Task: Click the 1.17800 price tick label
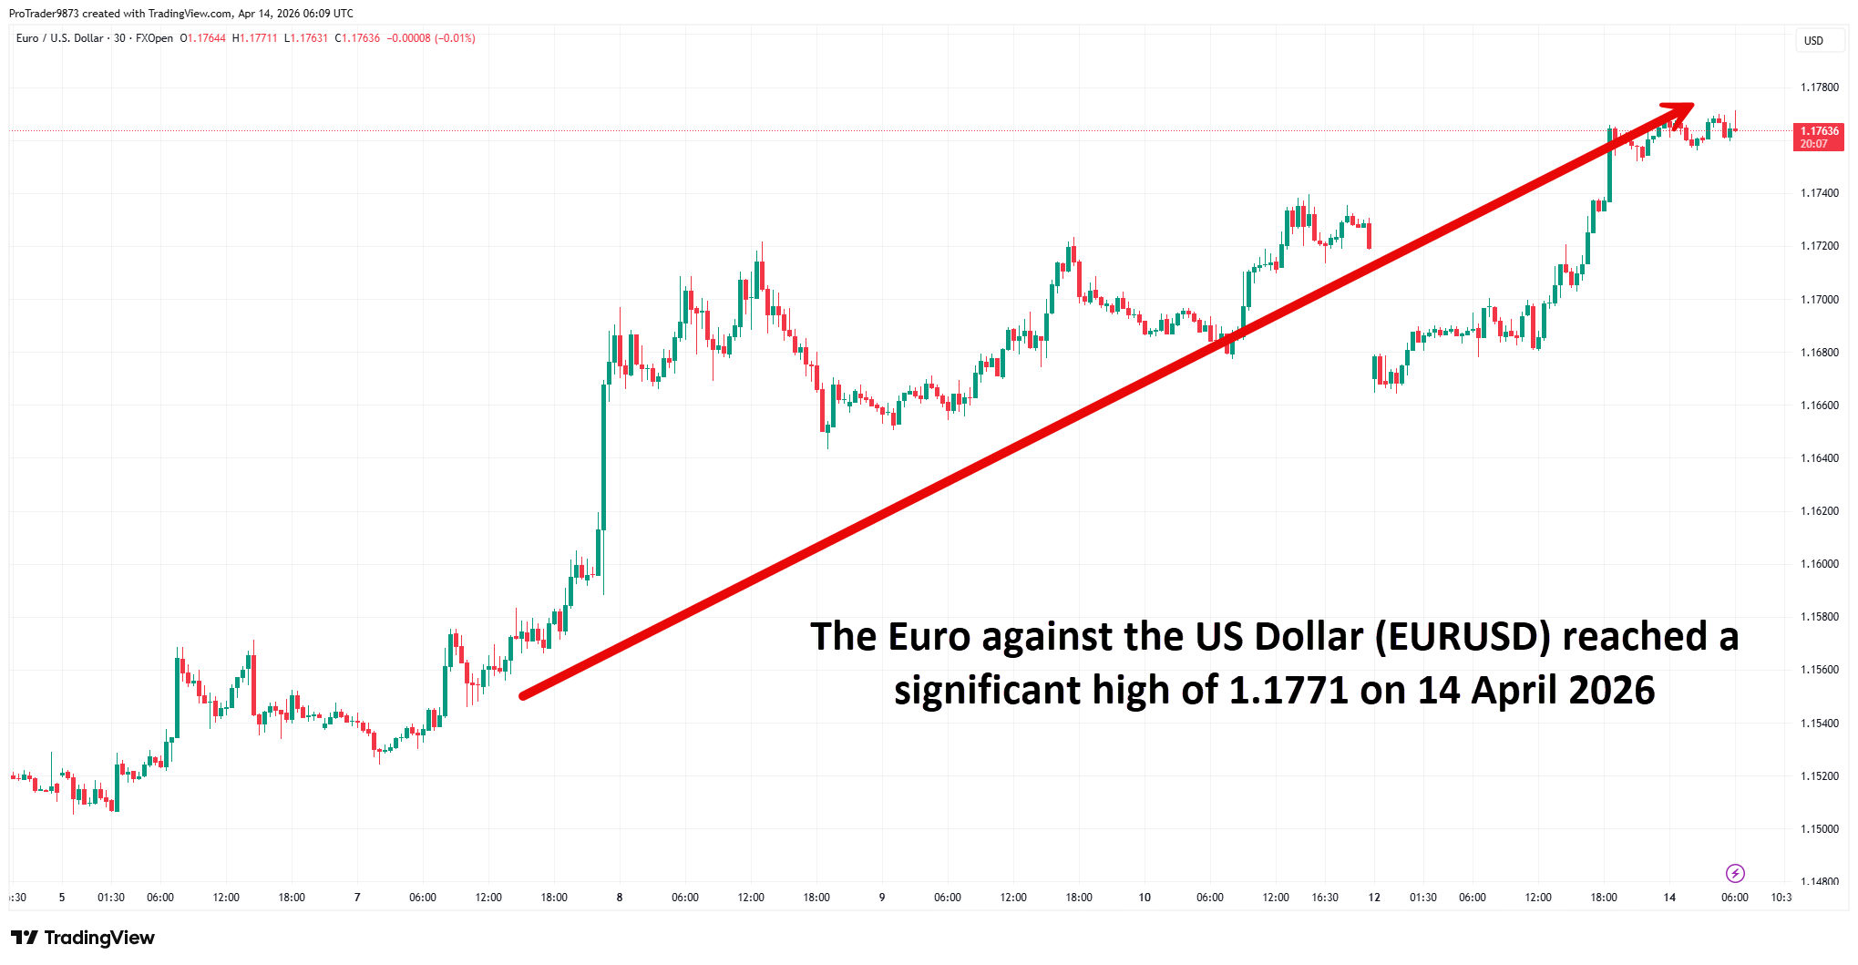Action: [x=1819, y=87]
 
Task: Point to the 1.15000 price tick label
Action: [x=1819, y=829]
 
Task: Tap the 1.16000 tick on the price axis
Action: [x=1819, y=564]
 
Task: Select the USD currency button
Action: [x=1813, y=41]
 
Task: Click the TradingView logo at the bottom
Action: [x=83, y=938]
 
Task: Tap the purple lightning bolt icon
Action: [x=1735, y=873]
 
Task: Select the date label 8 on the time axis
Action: [x=620, y=898]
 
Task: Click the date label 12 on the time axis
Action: [x=1374, y=898]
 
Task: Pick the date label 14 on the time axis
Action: [x=1669, y=898]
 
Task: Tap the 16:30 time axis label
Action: [x=1325, y=898]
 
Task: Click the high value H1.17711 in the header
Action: [x=255, y=38]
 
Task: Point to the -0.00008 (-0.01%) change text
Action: [x=431, y=38]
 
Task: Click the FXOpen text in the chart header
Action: [x=154, y=38]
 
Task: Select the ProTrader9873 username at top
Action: [x=44, y=14]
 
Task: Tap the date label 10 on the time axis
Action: [x=1145, y=898]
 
